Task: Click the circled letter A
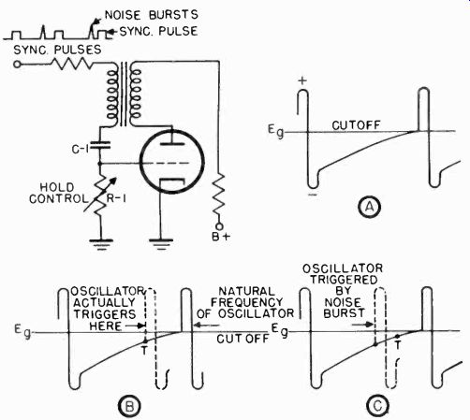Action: (x=369, y=207)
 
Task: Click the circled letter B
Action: (x=129, y=406)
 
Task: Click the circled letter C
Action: (x=378, y=406)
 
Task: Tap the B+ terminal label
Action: (x=221, y=237)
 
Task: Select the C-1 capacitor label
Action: (x=81, y=150)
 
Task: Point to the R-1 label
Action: (x=116, y=198)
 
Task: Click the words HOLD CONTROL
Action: (x=58, y=193)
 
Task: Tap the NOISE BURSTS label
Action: (x=152, y=15)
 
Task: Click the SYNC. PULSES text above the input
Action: (x=57, y=50)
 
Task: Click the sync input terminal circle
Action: (x=17, y=65)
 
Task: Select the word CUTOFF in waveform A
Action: (x=356, y=125)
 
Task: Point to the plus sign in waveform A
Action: (x=302, y=80)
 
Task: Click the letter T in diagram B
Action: (x=144, y=351)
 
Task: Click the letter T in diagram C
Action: (x=397, y=345)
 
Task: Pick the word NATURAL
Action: (x=247, y=291)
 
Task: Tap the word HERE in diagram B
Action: (x=106, y=326)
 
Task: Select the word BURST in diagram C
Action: (x=344, y=313)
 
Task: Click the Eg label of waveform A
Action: (x=276, y=131)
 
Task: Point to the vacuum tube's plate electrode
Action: (x=172, y=144)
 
